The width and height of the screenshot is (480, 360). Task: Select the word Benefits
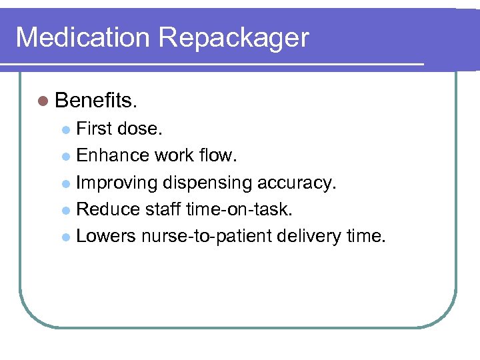tap(96, 101)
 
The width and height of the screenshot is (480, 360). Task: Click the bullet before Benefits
tap(43, 101)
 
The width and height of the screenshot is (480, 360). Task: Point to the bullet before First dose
tap(65, 129)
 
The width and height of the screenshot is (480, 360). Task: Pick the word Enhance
tap(113, 155)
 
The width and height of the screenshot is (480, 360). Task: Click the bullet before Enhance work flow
tap(65, 156)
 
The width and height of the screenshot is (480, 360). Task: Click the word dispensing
tap(212, 183)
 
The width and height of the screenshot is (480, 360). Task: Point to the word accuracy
tap(300, 183)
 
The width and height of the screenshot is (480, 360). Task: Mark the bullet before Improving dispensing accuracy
tap(65, 183)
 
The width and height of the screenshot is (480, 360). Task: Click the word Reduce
tap(107, 209)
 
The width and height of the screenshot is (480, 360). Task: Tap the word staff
tap(163, 209)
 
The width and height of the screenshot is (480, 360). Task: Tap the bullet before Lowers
tap(65, 236)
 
